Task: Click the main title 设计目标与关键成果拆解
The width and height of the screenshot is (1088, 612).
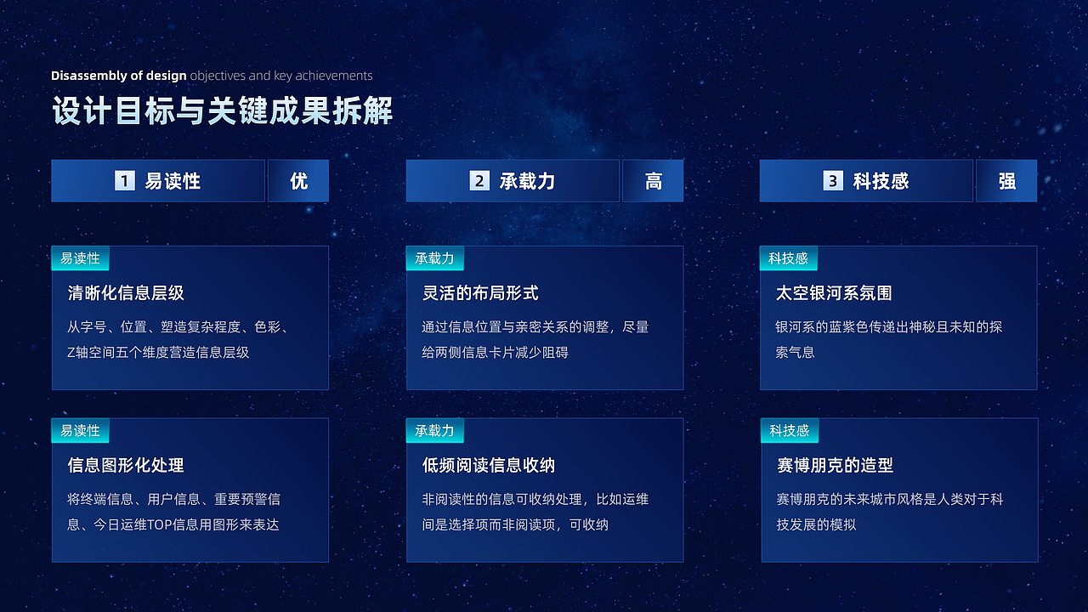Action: (x=222, y=112)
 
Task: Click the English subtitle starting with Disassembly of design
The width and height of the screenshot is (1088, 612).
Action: (x=212, y=76)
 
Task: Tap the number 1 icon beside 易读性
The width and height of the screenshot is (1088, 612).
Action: (x=125, y=181)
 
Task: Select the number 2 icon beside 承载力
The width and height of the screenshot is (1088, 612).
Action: (x=479, y=181)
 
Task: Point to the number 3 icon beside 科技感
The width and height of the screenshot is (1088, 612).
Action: (x=833, y=181)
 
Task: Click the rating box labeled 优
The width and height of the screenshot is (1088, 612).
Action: (x=298, y=181)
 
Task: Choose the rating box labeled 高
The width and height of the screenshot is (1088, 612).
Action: (x=653, y=181)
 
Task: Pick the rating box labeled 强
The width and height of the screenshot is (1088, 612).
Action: (x=1006, y=181)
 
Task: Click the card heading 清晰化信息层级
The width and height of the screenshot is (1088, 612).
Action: (x=126, y=293)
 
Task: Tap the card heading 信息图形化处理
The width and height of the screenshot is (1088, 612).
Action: (x=126, y=466)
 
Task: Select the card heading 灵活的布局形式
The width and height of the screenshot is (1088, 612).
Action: (x=480, y=293)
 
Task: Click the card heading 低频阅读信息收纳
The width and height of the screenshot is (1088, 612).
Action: (x=489, y=466)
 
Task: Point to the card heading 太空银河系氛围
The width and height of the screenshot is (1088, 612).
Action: (x=834, y=293)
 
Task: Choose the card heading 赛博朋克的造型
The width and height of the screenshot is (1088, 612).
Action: (x=835, y=466)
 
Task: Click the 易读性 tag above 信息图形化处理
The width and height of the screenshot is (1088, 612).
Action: (x=80, y=431)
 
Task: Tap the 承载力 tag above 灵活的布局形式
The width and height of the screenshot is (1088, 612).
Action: (x=434, y=258)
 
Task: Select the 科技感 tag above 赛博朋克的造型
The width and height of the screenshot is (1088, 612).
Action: (x=789, y=431)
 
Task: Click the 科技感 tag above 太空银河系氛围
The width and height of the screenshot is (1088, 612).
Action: (x=788, y=258)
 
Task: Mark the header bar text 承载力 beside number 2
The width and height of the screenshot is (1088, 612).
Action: (x=527, y=181)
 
